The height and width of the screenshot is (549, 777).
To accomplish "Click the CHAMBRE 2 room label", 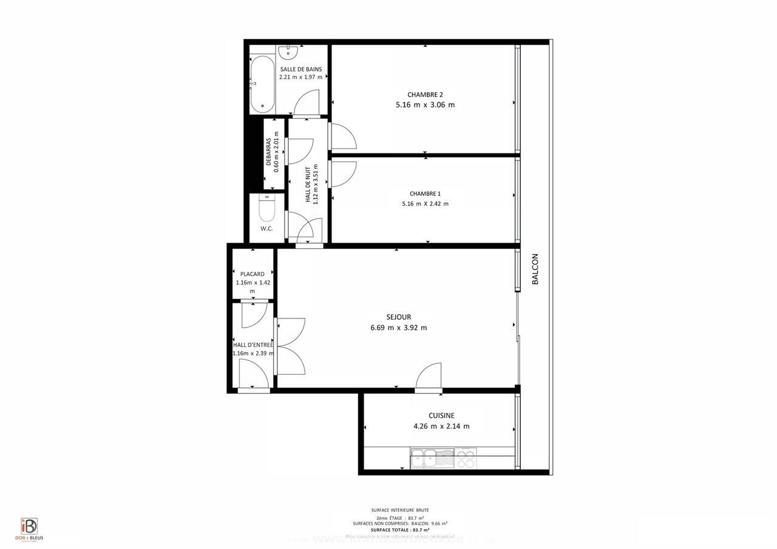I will point(425,94).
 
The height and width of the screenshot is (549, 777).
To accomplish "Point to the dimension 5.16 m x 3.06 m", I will point(425,104).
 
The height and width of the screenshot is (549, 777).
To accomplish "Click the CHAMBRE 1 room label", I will point(425,194).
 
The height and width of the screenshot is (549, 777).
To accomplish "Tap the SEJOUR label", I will point(399,317).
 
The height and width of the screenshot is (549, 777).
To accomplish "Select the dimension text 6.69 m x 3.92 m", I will point(399,328).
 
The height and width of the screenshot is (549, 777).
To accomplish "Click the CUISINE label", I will point(441,416).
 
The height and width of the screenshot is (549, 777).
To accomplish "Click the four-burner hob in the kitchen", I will point(466,458).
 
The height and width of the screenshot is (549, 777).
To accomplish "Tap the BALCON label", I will point(535,269).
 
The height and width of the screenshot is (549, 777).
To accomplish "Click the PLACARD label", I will point(253,274).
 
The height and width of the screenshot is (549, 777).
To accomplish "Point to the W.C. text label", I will point(266,229).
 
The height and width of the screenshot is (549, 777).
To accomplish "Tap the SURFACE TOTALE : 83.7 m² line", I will point(400,530).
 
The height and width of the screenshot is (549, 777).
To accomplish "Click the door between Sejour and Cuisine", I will point(429,378).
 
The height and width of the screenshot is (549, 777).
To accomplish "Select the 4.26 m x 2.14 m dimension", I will point(441,426).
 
